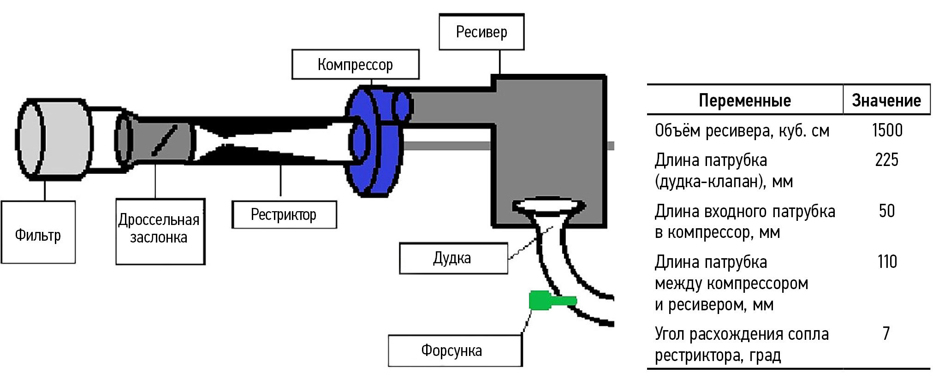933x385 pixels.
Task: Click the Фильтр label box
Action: [x=38, y=233]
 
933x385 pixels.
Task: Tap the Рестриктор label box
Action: [x=284, y=214]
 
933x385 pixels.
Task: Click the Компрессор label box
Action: [x=355, y=65]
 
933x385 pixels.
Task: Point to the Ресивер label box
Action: [x=481, y=32]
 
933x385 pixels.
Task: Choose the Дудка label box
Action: [x=452, y=258]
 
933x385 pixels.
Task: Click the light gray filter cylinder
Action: [x=53, y=138]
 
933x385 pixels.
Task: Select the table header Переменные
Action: [x=744, y=100]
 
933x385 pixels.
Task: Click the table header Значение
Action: [x=886, y=100]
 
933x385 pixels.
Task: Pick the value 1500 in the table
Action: [x=887, y=130]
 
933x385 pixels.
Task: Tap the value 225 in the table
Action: [x=886, y=160]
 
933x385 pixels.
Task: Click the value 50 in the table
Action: [x=886, y=211]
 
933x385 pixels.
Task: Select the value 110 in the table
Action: [x=886, y=261]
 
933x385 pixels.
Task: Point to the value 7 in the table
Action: [x=886, y=333]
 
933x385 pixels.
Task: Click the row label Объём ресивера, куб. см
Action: [x=742, y=131]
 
